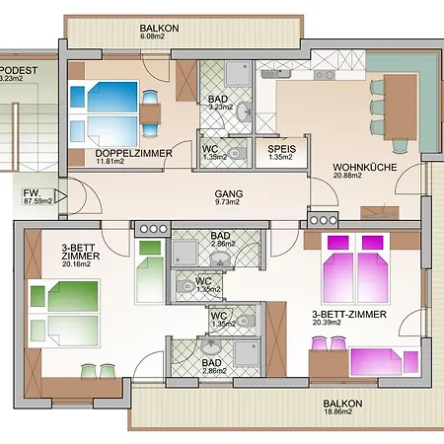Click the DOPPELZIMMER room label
point(133,153)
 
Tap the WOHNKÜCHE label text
point(365,167)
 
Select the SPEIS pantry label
point(281,149)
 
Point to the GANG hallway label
point(229,193)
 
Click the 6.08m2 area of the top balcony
point(152,37)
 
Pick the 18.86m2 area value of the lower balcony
point(338,411)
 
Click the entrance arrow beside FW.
point(60,196)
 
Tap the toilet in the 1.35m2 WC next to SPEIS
point(237,153)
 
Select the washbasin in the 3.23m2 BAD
point(244,111)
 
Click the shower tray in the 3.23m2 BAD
point(237,74)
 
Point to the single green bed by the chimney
point(150,270)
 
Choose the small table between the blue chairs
point(150,113)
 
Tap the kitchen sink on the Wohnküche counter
point(276,74)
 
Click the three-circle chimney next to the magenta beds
point(323,220)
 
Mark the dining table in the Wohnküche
point(401,107)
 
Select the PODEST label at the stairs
point(19,70)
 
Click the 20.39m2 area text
point(327,323)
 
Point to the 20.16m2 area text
point(76,264)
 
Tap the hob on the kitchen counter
point(324,75)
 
